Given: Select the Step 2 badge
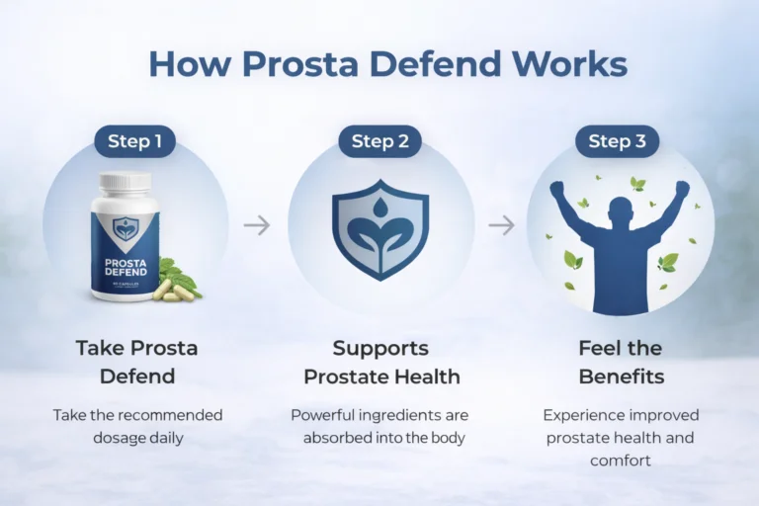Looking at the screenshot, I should coord(379,141).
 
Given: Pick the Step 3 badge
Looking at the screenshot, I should coord(618,141).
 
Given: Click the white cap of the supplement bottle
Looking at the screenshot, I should coord(125,183).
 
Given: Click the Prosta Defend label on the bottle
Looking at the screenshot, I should coord(125,266).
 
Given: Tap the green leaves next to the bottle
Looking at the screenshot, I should coord(180,275).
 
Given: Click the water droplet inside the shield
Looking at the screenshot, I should coord(380,208).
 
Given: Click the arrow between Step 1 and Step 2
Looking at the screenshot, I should coord(257,225).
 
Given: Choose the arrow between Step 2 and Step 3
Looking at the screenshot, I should coord(502,225).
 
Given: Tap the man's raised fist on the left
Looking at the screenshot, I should coord(556,188).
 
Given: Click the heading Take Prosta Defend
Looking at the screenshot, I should coord(136,362).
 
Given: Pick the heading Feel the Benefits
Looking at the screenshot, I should coord(620,362).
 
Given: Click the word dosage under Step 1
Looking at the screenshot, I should coord(110,438).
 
